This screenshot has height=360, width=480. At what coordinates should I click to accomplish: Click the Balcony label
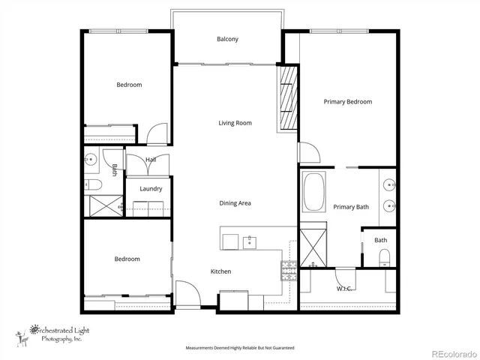pyautogui.click(x=227, y=39)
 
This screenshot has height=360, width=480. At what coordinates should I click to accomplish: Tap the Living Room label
pyautogui.click(x=235, y=123)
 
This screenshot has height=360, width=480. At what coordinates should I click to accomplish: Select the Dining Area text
pyautogui.click(x=235, y=203)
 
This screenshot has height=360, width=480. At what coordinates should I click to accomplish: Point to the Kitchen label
pyautogui.click(x=220, y=271)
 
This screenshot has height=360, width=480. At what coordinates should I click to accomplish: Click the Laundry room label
pyautogui.click(x=151, y=188)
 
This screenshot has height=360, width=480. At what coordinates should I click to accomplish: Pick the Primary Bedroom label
pyautogui.click(x=347, y=102)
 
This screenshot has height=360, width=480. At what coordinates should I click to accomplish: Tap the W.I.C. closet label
pyautogui.click(x=345, y=288)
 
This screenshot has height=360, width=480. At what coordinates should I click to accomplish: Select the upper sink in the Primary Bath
pyautogui.click(x=390, y=184)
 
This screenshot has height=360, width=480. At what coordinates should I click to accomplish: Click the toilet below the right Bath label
pyautogui.click(x=384, y=258)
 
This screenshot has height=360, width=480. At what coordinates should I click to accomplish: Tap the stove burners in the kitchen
pyautogui.click(x=289, y=268)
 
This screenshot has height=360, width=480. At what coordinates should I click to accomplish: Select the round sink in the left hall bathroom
pyautogui.click(x=91, y=159)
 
